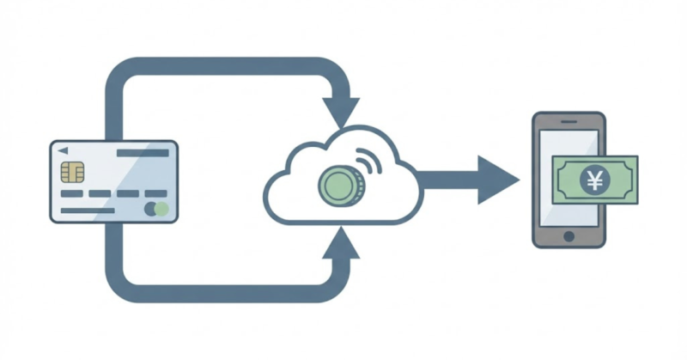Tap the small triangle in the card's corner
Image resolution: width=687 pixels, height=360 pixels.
click(63, 150)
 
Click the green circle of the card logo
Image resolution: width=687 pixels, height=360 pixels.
click(161, 209)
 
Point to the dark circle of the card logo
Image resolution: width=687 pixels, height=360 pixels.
click(150, 209)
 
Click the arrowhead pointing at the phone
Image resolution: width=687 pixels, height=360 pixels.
click(497, 180)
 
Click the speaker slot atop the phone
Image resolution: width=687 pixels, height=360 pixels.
click(568, 120)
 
